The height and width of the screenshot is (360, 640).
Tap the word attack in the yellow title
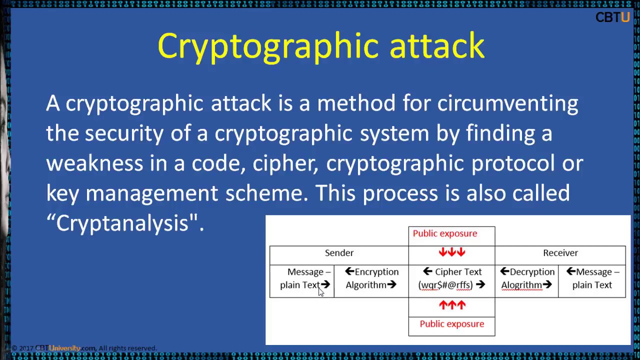click(436, 45)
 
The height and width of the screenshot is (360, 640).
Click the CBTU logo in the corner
click(612, 17)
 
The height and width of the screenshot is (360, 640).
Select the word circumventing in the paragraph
click(507, 103)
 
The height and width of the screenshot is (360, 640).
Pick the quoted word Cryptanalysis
click(125, 223)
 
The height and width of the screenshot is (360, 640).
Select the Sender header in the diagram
click(339, 253)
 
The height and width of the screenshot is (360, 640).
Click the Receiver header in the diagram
click(560, 253)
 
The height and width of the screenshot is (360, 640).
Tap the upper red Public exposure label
click(444, 233)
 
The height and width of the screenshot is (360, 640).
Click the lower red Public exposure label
click(451, 324)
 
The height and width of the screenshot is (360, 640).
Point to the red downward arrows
click(452, 252)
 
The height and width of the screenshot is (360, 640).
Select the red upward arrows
click(452, 304)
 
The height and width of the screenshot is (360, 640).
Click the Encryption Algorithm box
click(371, 278)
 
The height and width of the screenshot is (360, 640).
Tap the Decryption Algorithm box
click(527, 278)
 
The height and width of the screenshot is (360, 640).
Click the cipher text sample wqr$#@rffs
click(445, 285)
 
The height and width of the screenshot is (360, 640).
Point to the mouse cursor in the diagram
click(320, 292)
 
